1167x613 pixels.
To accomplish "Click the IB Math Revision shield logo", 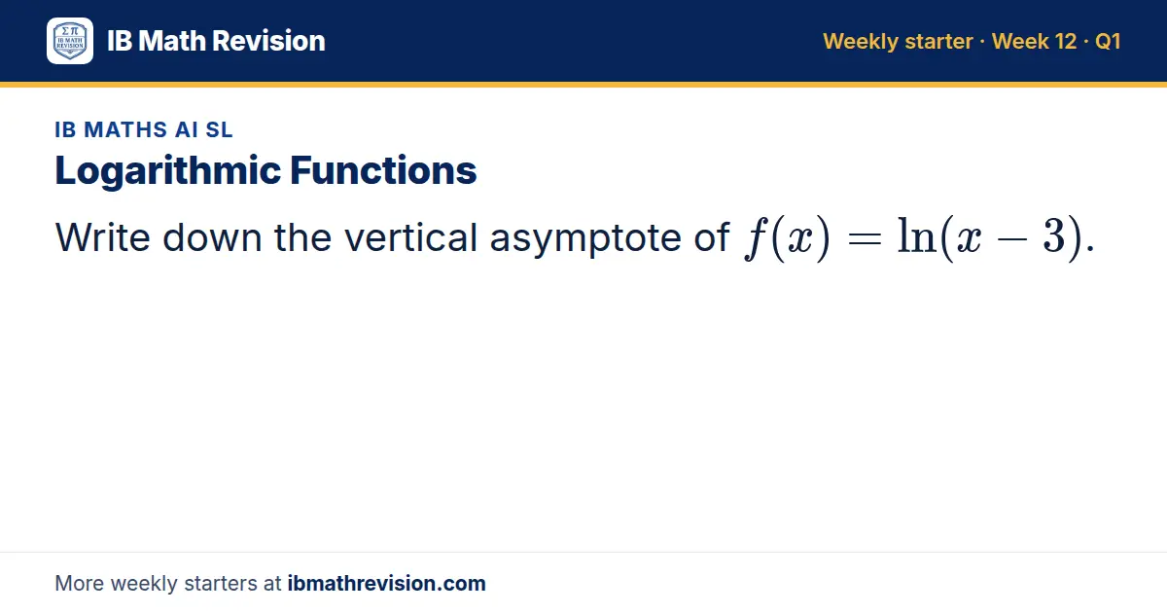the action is (70, 41).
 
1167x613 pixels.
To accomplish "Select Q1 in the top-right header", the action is (1108, 41).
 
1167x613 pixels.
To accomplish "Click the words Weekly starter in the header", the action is (898, 42).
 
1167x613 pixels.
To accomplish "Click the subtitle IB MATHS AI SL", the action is (144, 129).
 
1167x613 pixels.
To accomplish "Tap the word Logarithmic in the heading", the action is (167, 171).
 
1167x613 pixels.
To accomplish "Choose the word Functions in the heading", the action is (383, 170).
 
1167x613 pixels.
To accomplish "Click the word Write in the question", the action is (103, 237).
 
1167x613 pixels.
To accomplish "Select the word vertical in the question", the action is (410, 237).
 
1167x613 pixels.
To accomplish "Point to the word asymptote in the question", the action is (585, 239).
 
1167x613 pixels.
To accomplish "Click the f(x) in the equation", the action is (787, 238).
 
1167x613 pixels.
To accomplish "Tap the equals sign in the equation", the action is (865, 239).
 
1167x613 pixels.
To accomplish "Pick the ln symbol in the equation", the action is (917, 235).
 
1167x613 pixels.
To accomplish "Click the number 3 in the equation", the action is (1053, 236).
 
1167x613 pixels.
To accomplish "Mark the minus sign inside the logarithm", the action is (1011, 239).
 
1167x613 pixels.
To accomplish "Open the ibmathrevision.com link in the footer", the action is (387, 583).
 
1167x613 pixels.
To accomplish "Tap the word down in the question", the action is (212, 237).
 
